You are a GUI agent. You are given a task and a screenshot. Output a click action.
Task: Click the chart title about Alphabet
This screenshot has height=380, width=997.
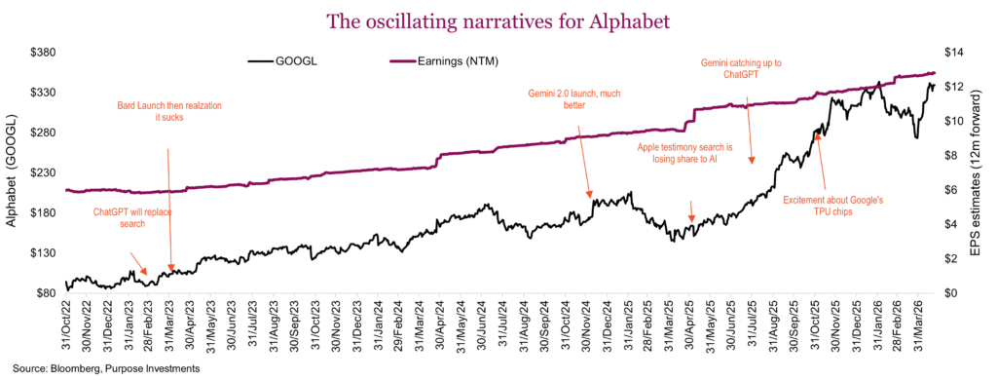coord(498,20)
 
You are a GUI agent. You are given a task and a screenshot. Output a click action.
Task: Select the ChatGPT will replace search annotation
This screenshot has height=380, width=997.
coord(132,217)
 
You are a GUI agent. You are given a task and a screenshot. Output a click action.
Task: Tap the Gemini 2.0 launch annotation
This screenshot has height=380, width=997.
coord(573,99)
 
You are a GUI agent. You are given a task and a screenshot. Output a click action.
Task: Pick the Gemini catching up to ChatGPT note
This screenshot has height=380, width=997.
coord(741,68)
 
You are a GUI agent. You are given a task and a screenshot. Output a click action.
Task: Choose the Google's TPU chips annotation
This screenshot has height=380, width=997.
coord(832,207)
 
